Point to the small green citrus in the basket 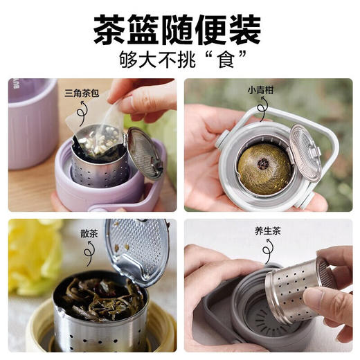point(263,166)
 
